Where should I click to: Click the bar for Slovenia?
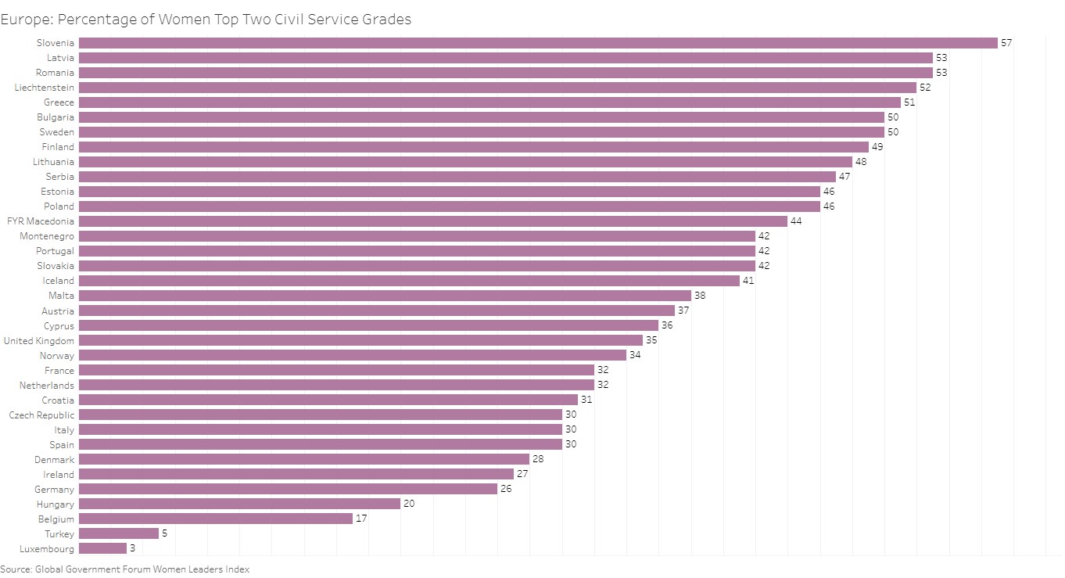tap(538, 43)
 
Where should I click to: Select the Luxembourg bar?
tap(102, 548)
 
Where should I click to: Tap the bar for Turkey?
tap(118, 533)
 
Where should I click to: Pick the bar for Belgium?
tap(215, 519)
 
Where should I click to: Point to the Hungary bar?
tap(239, 504)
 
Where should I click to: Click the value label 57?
tap(1006, 43)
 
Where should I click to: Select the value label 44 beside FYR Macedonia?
tap(796, 221)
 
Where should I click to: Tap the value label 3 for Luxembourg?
tap(132, 548)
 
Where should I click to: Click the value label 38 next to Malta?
tap(700, 296)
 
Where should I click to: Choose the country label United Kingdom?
tap(39, 341)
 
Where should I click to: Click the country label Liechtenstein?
tap(45, 88)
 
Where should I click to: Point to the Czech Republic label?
tap(42, 415)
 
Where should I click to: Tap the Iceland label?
tap(59, 281)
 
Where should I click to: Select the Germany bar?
tap(288, 489)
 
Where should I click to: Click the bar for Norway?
tap(352, 355)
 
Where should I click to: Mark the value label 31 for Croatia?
tap(586, 400)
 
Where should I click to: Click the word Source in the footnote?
tap(16, 569)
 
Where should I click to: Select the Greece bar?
tap(489, 102)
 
